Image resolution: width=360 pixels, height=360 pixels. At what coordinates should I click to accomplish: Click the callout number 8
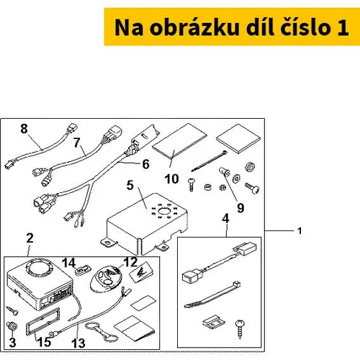tap(24, 129)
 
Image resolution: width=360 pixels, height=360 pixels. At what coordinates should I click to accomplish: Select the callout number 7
tap(77, 143)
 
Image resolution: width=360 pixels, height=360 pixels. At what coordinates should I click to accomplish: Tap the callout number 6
tap(145, 164)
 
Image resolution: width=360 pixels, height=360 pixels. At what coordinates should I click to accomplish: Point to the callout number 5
tap(130, 185)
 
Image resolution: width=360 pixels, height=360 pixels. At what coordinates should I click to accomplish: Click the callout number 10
tap(172, 179)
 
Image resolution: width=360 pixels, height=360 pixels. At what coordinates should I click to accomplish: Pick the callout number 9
tap(240, 208)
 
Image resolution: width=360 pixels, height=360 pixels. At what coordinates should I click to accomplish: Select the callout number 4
tap(225, 218)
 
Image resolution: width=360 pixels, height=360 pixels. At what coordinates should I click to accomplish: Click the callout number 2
tap(30, 238)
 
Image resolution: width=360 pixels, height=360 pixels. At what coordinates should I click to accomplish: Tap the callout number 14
tap(69, 263)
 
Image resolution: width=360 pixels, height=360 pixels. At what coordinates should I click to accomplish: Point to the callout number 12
tap(130, 262)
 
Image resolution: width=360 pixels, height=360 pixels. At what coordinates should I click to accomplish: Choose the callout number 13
tap(78, 343)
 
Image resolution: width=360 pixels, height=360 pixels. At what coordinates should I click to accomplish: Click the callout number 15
tap(44, 342)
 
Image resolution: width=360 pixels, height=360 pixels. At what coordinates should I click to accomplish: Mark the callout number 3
tap(12, 343)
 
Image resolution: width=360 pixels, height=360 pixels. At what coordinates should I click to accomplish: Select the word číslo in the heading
tap(305, 27)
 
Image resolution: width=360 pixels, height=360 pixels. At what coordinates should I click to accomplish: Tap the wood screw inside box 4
tap(240, 329)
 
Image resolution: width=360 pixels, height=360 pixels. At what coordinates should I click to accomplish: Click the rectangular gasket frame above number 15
tap(42, 321)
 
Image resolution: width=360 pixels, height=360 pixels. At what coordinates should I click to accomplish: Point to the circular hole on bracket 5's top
tap(164, 211)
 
